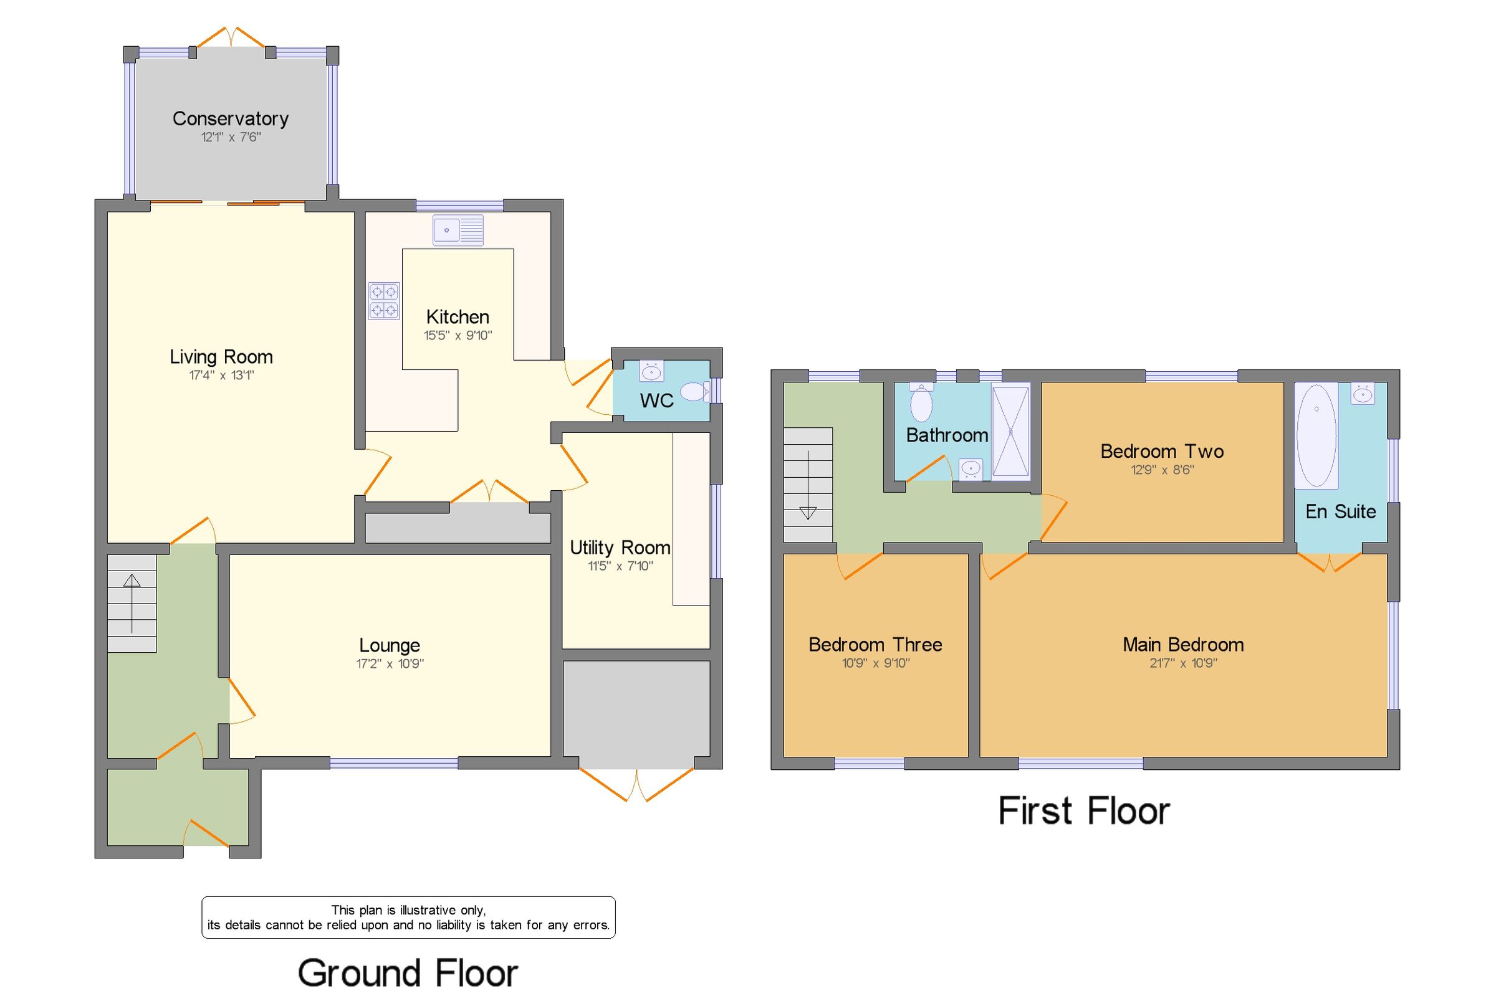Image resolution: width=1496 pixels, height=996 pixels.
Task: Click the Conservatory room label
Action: click(230, 119)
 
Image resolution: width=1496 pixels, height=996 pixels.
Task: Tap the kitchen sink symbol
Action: click(458, 230)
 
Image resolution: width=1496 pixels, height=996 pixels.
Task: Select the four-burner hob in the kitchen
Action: click(384, 300)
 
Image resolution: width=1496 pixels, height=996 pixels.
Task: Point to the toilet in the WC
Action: click(695, 391)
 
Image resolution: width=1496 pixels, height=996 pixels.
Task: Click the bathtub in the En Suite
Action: click(1315, 436)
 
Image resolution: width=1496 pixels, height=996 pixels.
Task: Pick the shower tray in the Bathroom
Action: click(1010, 431)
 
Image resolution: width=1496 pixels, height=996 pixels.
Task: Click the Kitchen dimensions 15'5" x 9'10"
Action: click(458, 335)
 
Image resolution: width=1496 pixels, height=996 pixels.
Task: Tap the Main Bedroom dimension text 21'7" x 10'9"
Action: click(1182, 663)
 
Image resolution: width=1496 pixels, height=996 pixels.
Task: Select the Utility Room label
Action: click(620, 548)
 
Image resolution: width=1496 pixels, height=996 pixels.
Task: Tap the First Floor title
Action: click(1083, 811)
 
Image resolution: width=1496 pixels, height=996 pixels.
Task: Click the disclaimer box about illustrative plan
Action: click(408, 918)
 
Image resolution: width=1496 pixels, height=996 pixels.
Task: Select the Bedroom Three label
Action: click(875, 645)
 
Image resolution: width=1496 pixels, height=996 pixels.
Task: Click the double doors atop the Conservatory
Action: click(231, 38)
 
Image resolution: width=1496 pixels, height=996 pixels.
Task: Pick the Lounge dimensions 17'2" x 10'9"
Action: click(390, 664)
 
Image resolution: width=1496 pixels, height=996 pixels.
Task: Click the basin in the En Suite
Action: click(1363, 394)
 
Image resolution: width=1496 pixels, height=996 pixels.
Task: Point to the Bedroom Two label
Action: click(1162, 452)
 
